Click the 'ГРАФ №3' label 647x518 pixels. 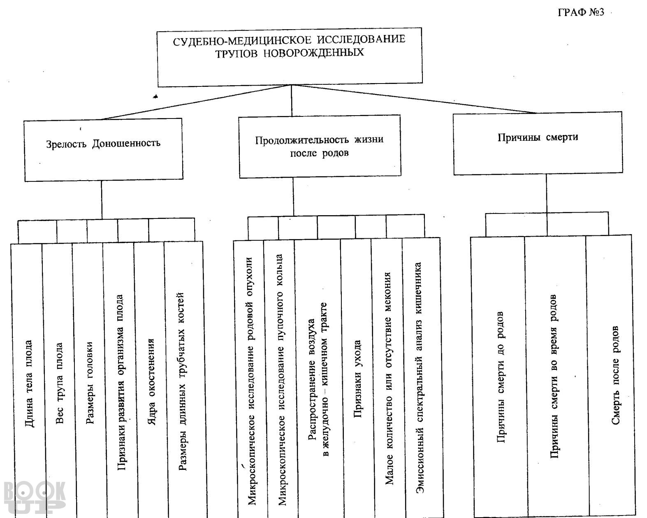pyautogui.click(x=581, y=12)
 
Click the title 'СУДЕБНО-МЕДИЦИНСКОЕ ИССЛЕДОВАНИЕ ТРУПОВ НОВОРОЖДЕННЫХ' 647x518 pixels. pyautogui.click(x=289, y=46)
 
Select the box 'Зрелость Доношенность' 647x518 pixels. pyautogui.click(x=103, y=150)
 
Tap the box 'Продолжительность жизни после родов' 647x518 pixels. pyautogui.click(x=320, y=146)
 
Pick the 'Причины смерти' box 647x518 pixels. pyautogui.click(x=538, y=143)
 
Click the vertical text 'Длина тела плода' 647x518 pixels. pyautogui.click(x=29, y=383)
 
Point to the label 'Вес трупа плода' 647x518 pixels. pyautogui.click(x=59, y=383)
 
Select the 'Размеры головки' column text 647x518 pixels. pyautogui.click(x=90, y=383)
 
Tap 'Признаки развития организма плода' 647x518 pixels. pyautogui.click(x=120, y=382)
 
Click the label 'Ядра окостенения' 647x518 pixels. pyautogui.click(x=152, y=381)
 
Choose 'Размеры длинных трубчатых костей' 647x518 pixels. pyautogui.click(x=182, y=381)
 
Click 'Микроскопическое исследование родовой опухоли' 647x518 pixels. pyautogui.click(x=251, y=381)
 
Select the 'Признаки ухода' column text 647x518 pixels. pyautogui.click(x=357, y=379)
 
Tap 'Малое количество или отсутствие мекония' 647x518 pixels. pyautogui.click(x=388, y=379)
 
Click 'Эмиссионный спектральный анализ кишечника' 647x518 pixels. pyautogui.click(x=419, y=378)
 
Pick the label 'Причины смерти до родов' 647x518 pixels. pyautogui.click(x=500, y=377)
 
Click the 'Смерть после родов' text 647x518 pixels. pyautogui.click(x=615, y=375)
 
